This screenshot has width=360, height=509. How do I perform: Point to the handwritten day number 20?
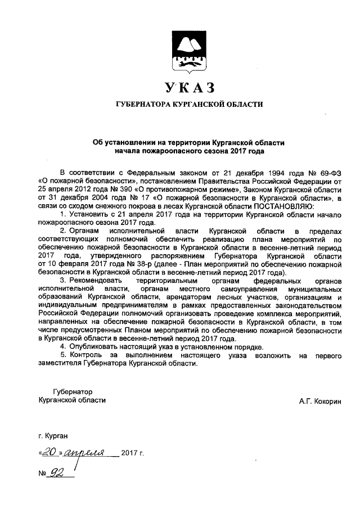click(50, 451)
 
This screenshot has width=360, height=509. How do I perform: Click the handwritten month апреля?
click(83, 452)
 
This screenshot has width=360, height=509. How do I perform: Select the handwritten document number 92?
click(57, 472)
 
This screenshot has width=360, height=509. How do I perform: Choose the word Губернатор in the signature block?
click(73, 391)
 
